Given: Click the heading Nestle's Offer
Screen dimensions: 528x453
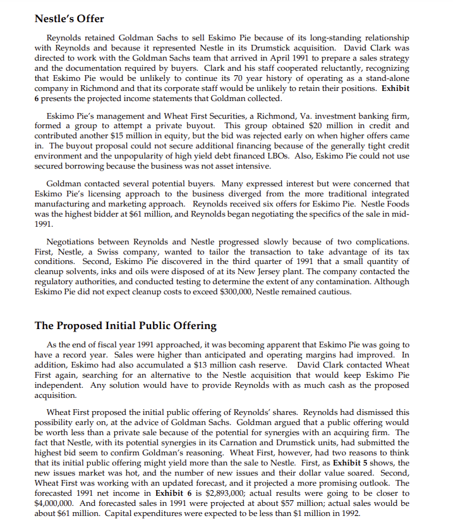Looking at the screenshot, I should pos(69,18).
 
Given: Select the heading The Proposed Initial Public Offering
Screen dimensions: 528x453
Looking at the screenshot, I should pos(125,326).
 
